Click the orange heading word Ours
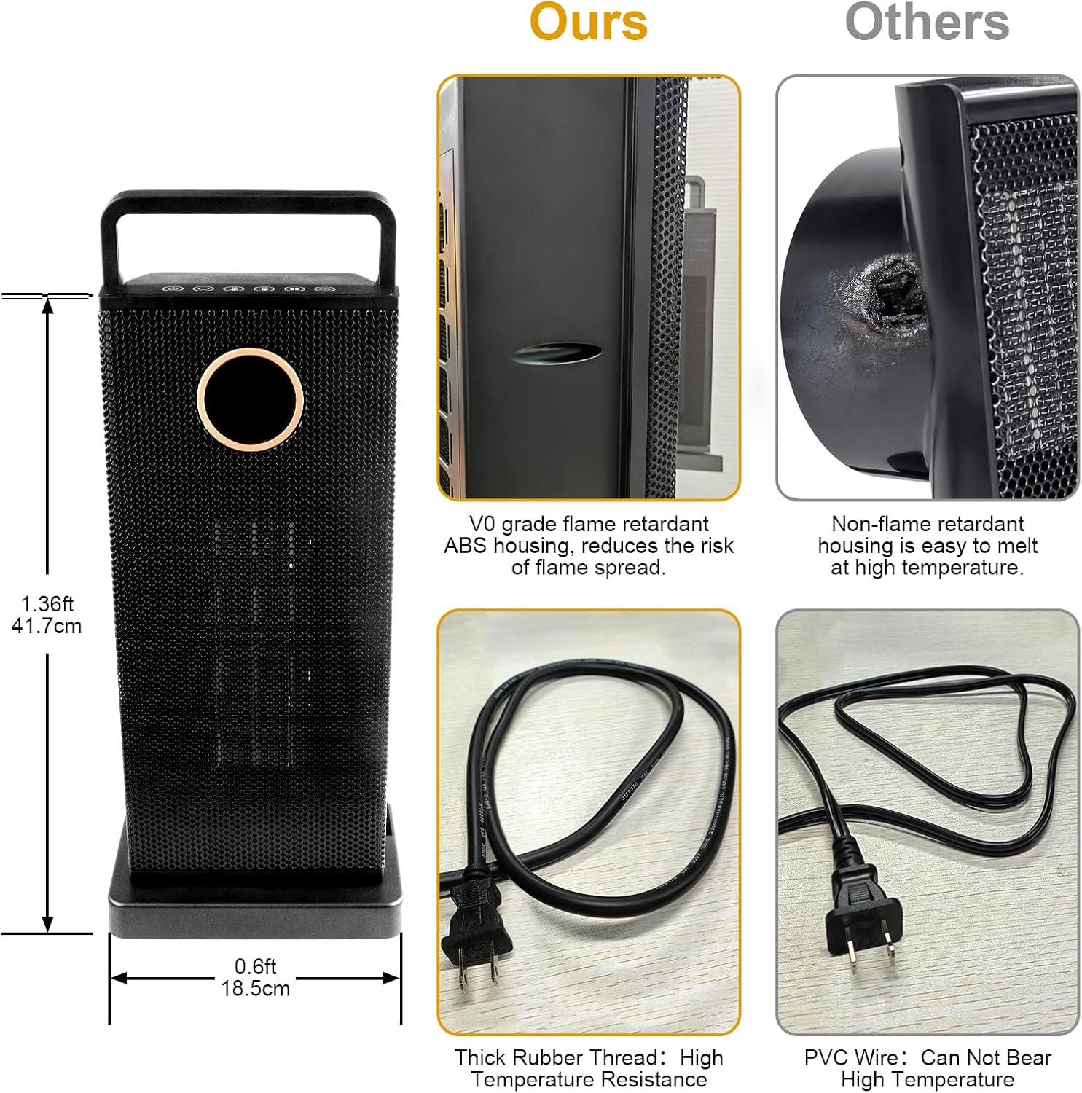tap(588, 22)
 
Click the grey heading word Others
tap(927, 22)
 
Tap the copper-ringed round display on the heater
tap(250, 399)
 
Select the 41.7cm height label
tap(47, 626)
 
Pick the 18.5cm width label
tap(256, 988)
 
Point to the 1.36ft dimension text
tap(47, 604)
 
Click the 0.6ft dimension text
tap(256, 966)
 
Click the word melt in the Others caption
tap(1017, 546)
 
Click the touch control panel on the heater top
tap(248, 289)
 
